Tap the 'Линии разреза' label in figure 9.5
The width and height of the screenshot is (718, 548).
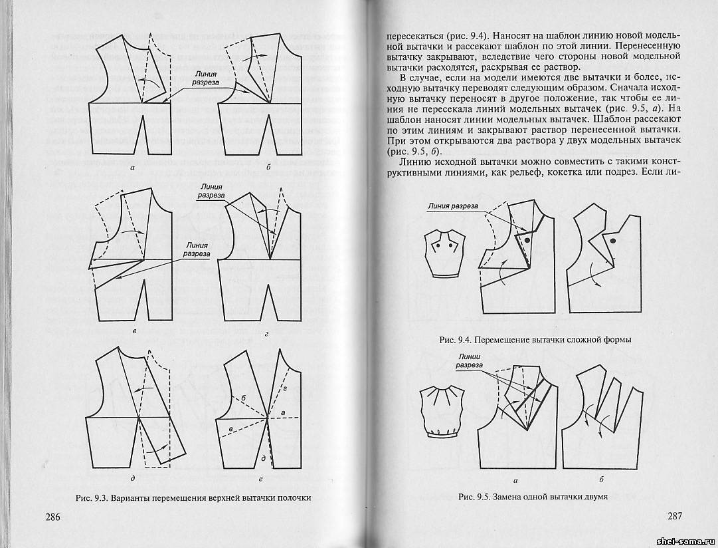pos(469,360)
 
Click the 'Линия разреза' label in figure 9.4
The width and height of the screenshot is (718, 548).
pos(453,206)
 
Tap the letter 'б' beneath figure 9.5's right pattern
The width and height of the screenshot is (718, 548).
pos(600,479)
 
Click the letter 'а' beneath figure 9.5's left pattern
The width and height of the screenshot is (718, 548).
pos(515,479)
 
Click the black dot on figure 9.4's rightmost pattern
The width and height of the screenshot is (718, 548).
pos(612,240)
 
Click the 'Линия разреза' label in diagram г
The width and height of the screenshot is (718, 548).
pos(211,192)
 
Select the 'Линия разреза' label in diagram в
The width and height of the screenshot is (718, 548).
pos(197,249)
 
